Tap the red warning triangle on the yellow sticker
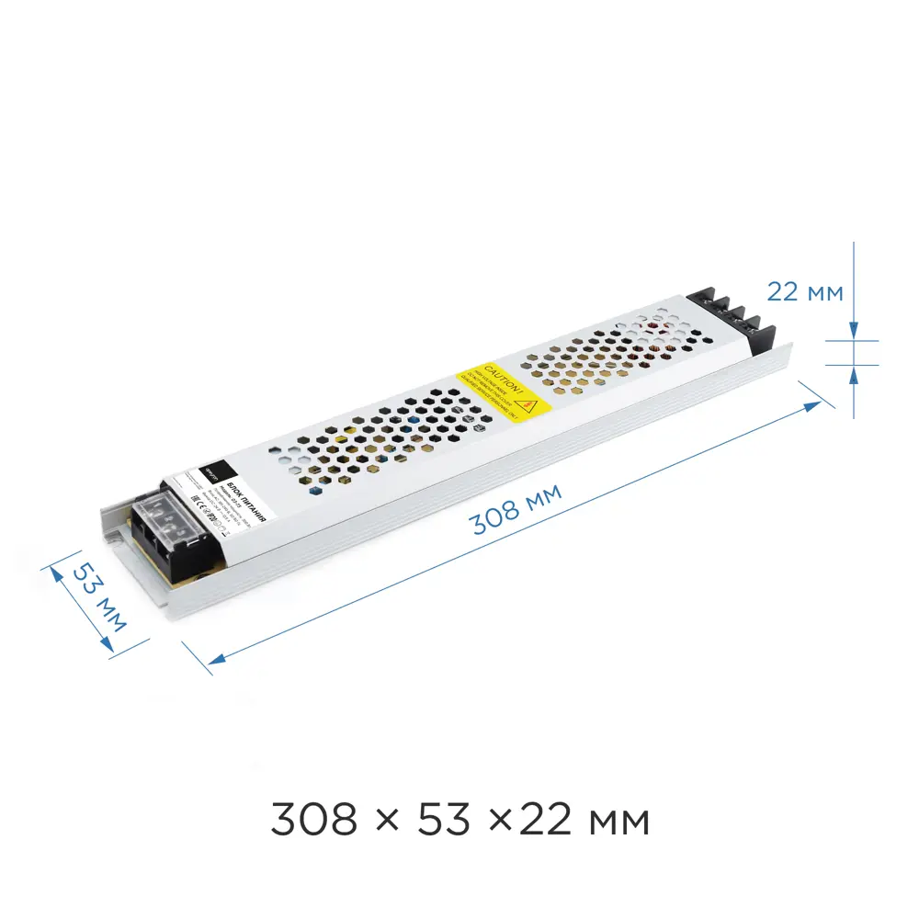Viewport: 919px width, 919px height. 527,403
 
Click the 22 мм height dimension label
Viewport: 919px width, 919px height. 804,292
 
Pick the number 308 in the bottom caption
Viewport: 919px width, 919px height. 312,819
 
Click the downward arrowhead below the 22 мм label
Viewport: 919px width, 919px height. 854,331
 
